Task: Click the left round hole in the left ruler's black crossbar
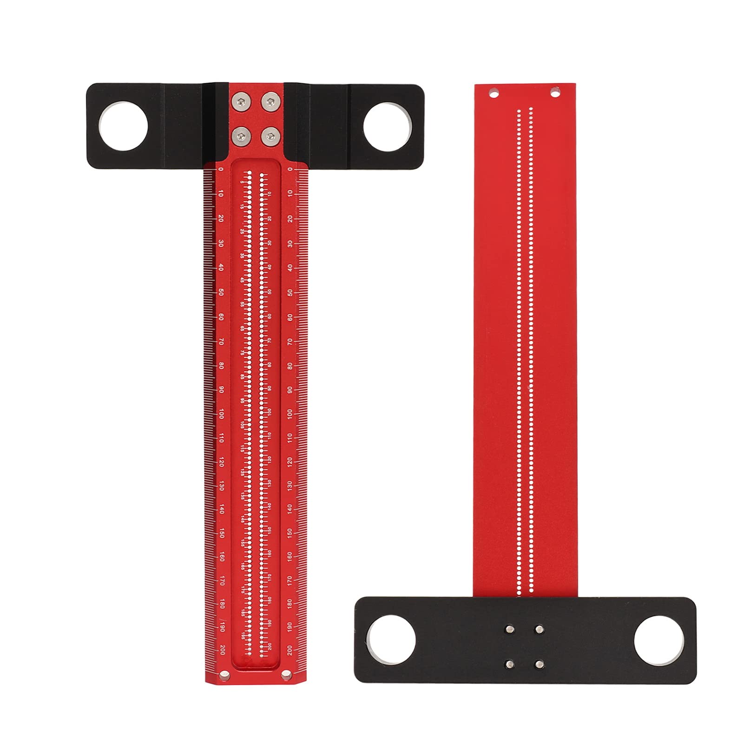(x=123, y=126)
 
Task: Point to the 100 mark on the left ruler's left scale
(x=221, y=414)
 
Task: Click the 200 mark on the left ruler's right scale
(x=290, y=650)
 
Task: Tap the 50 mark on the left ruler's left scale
(x=221, y=293)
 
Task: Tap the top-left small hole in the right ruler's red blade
(x=494, y=93)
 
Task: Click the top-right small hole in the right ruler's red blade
(x=554, y=93)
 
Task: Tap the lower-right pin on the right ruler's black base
(x=539, y=664)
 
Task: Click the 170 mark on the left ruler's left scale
(x=222, y=580)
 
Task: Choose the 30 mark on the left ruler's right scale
(x=290, y=244)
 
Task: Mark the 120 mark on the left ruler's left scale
(x=222, y=462)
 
